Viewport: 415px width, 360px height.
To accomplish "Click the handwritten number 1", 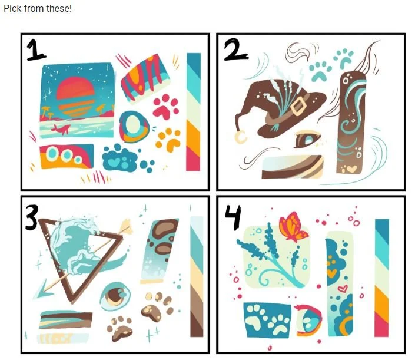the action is [36, 50].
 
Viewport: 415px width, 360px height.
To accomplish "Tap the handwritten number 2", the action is [235, 49].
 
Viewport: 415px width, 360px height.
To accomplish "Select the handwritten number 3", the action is [32, 218].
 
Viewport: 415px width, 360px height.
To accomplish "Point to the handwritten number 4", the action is [233, 217].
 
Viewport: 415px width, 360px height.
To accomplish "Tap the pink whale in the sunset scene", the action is [61, 129].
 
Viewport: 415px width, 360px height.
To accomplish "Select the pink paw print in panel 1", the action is [165, 107].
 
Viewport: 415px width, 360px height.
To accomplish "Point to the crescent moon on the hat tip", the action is [241, 137].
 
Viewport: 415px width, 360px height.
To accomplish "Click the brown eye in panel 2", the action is [307, 139].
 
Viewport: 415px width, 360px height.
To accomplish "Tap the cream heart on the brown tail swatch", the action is [352, 169].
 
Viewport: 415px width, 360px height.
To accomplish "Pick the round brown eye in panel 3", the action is [115, 296].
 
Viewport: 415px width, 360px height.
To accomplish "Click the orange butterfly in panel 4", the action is [293, 226].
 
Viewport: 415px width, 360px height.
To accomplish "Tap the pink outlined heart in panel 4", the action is [343, 288].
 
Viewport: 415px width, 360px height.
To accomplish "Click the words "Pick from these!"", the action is [38, 8].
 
